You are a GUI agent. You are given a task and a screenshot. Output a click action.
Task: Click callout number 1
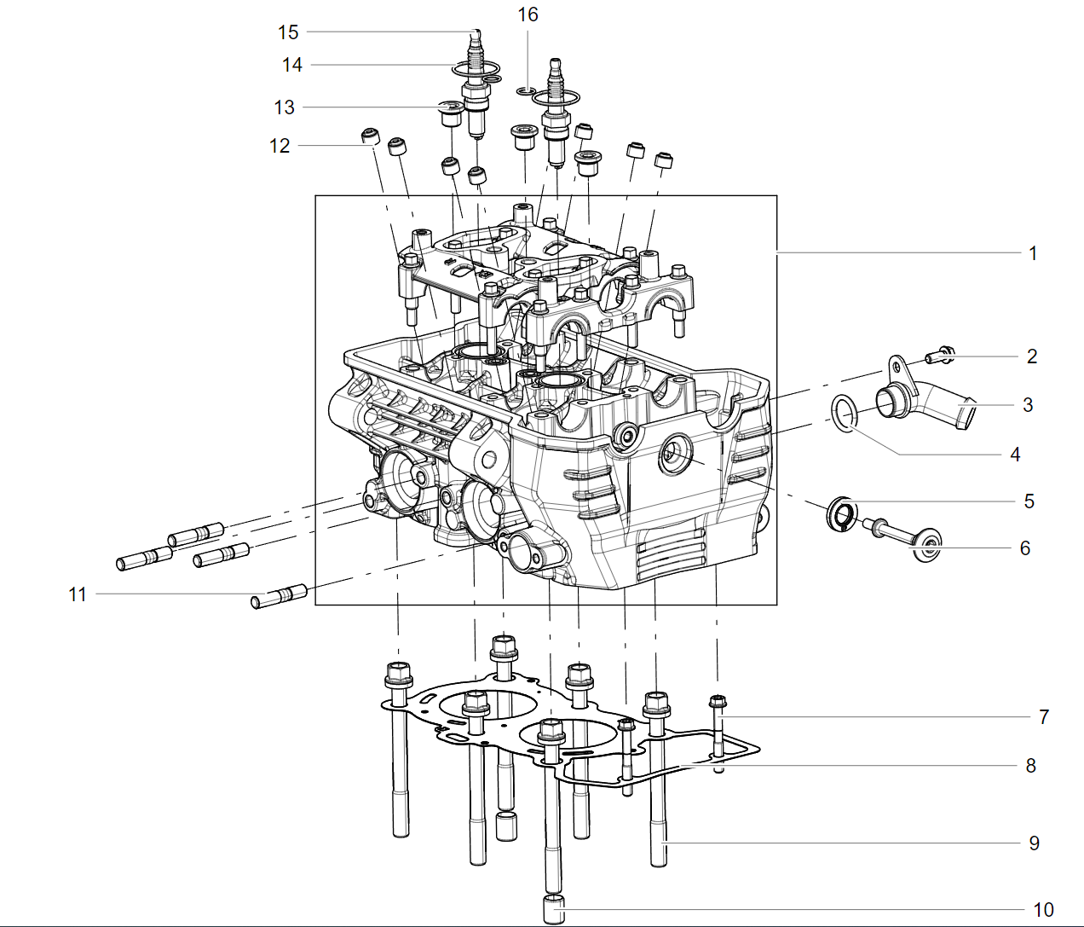(x=1033, y=253)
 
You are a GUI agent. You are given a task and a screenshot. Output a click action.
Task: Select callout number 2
(x=1031, y=356)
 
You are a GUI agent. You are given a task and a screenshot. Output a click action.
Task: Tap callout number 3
(x=1028, y=405)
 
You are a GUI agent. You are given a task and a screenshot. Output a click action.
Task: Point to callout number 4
(x=1015, y=455)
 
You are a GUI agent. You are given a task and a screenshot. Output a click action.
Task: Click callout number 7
(x=1044, y=717)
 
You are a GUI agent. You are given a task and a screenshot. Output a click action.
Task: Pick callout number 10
(x=1043, y=910)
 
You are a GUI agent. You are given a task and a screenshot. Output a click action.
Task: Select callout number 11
(x=78, y=594)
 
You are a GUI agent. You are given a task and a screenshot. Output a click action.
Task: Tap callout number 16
(x=528, y=14)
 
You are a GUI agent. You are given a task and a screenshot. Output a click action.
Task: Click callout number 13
(x=285, y=107)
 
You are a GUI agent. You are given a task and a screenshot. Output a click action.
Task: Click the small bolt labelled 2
(x=940, y=356)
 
